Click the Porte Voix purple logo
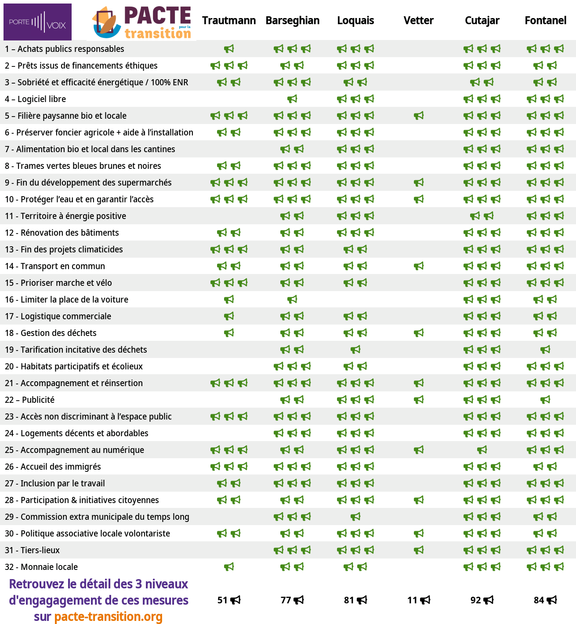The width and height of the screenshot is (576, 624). click(37, 22)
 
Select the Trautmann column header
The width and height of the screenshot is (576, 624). click(229, 21)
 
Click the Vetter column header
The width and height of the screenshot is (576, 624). click(418, 21)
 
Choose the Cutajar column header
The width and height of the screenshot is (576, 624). click(482, 21)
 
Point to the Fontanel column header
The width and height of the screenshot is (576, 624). click(545, 21)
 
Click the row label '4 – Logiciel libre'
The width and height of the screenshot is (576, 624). click(36, 99)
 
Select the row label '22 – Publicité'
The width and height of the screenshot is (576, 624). click(30, 400)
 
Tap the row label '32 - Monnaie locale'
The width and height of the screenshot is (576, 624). click(41, 567)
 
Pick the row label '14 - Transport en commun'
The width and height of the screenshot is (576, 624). click(55, 266)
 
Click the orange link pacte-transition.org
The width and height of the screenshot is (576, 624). click(108, 617)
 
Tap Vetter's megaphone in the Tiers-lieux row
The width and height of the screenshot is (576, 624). click(419, 550)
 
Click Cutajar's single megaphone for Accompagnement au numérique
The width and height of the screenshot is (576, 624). click(482, 450)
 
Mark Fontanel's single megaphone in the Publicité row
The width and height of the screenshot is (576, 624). click(545, 400)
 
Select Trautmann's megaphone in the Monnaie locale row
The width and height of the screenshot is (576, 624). click(229, 567)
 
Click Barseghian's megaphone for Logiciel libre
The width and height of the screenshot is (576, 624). click(292, 99)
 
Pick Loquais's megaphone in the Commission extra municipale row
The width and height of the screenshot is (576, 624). click(355, 517)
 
